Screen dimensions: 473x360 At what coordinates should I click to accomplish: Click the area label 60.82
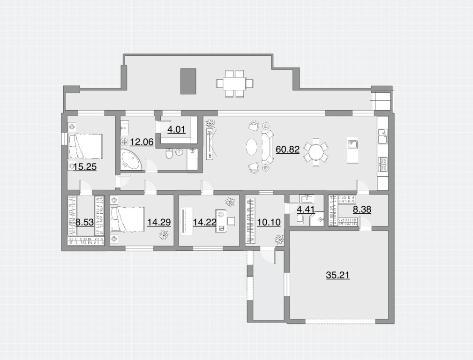[x=287, y=149]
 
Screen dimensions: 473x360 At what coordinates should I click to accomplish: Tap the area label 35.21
[x=338, y=275]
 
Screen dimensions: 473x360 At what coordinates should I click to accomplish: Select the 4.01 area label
[x=176, y=130]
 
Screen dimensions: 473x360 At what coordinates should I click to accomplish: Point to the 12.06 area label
[x=142, y=142]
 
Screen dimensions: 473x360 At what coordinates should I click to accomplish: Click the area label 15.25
[x=85, y=166]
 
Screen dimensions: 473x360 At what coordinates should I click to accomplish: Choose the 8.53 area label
[x=84, y=223]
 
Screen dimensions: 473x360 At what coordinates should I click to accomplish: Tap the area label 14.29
[x=158, y=222]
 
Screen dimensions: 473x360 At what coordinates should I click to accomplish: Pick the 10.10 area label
[x=269, y=222]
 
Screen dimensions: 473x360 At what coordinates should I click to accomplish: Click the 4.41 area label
[x=306, y=210]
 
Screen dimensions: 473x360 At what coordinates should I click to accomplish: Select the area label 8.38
[x=362, y=210]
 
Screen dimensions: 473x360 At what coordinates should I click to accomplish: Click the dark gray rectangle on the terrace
[x=188, y=81]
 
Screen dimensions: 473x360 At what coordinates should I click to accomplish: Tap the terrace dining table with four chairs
[x=235, y=83]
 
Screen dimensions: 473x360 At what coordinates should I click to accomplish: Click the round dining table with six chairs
[x=316, y=152]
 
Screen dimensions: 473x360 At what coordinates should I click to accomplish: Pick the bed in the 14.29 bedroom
[x=127, y=219]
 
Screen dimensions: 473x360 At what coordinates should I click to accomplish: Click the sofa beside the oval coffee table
[x=268, y=147]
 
